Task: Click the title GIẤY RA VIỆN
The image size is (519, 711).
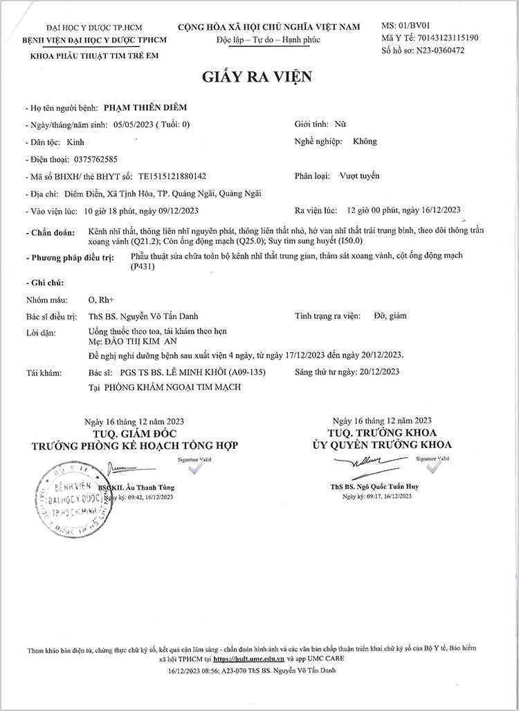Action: click(257, 76)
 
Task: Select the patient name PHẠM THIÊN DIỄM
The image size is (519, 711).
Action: click(145, 108)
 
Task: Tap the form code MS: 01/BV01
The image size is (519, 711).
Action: click(406, 26)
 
